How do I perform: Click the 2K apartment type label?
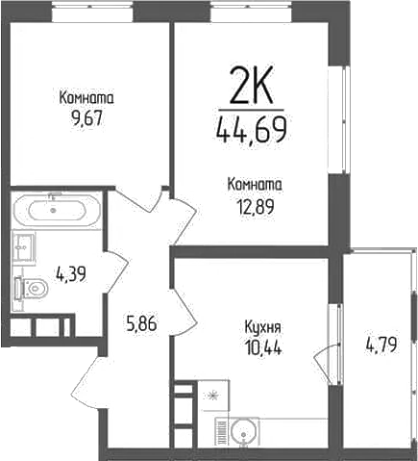[x=251, y=85]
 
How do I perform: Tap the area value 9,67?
[x=86, y=118]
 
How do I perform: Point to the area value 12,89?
[x=255, y=207]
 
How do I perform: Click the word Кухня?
[x=262, y=328]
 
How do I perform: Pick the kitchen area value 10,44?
[x=262, y=347]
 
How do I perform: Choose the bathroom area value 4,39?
[x=71, y=274]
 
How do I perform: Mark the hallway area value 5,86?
[x=141, y=323]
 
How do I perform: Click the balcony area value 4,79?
[x=381, y=345]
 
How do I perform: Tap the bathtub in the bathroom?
[x=57, y=211]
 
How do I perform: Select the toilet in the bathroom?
[x=31, y=288]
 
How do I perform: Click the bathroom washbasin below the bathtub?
[x=24, y=247]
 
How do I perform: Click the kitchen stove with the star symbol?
[x=213, y=396]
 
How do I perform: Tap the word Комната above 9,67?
[x=86, y=98]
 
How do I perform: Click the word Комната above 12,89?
[x=255, y=185]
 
